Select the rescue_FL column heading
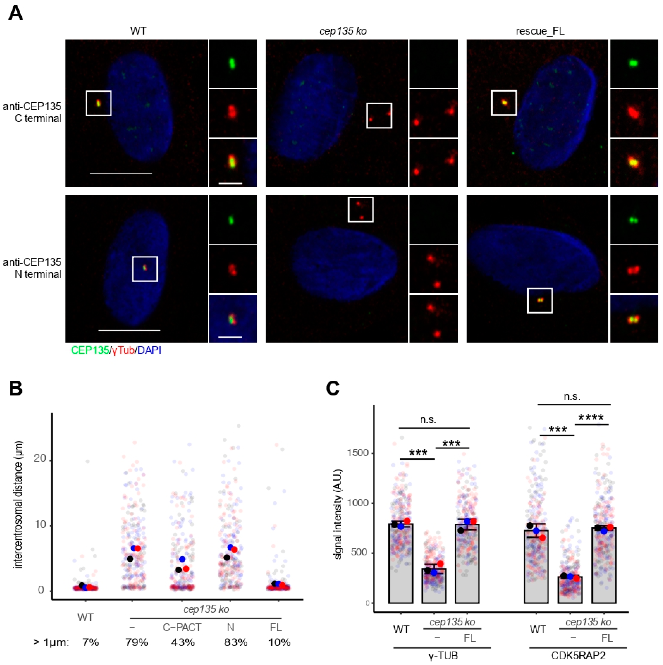point(540,31)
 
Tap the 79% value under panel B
point(137,642)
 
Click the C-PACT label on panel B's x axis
point(182,627)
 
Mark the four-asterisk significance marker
point(591,418)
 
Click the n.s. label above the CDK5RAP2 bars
point(572,397)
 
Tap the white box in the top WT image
point(98,103)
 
